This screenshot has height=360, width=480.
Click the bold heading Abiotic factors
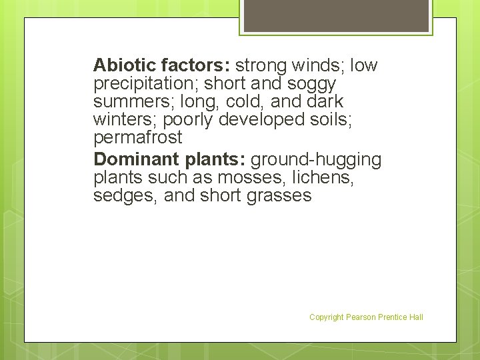162,65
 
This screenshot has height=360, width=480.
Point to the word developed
259,121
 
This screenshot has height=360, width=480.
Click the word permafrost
138,139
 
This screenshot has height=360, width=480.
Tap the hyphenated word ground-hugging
316,160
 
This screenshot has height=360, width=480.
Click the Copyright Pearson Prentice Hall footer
366,317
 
